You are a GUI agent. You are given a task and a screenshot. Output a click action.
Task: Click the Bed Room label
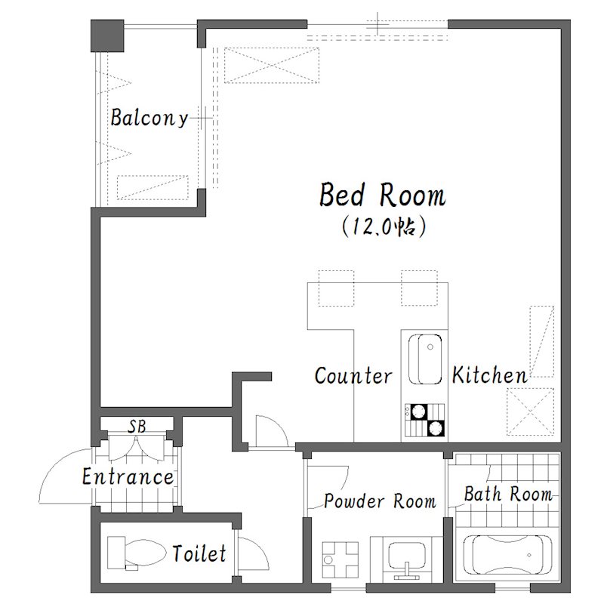click(x=383, y=195)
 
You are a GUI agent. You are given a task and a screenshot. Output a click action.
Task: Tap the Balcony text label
click(x=149, y=118)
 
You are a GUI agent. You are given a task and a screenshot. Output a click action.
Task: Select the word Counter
click(x=353, y=375)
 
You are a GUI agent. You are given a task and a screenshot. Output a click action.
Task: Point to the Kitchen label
click(x=489, y=374)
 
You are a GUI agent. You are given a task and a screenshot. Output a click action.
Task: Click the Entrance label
click(x=128, y=476)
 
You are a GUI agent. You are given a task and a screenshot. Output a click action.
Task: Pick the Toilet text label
click(x=199, y=553)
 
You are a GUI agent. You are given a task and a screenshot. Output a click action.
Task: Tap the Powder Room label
click(x=381, y=501)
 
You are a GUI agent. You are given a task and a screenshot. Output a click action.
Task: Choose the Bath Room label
click(x=508, y=494)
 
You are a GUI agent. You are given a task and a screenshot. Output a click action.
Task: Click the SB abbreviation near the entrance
click(x=137, y=427)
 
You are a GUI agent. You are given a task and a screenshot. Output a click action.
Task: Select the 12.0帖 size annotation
click(x=384, y=226)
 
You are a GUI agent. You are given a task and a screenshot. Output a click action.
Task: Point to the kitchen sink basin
click(x=425, y=359)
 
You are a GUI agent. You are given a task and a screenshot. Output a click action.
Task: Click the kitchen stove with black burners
click(x=424, y=420)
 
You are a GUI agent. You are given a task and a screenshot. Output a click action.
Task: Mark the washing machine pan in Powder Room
click(x=341, y=559)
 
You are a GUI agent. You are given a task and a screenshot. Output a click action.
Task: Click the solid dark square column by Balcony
click(x=107, y=35)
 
